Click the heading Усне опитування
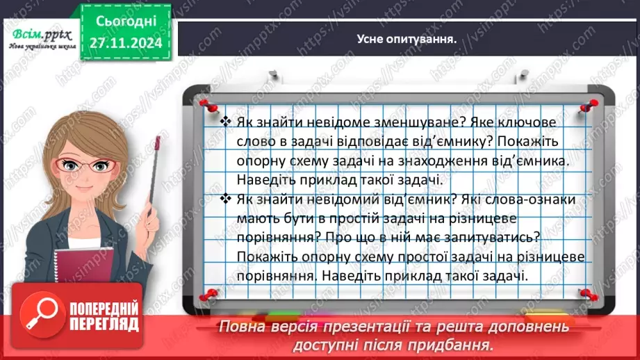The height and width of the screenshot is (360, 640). [x=407, y=39]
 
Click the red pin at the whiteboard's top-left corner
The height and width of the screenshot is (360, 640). [x=206, y=104]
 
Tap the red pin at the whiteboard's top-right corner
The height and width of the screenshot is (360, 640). [x=591, y=104]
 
